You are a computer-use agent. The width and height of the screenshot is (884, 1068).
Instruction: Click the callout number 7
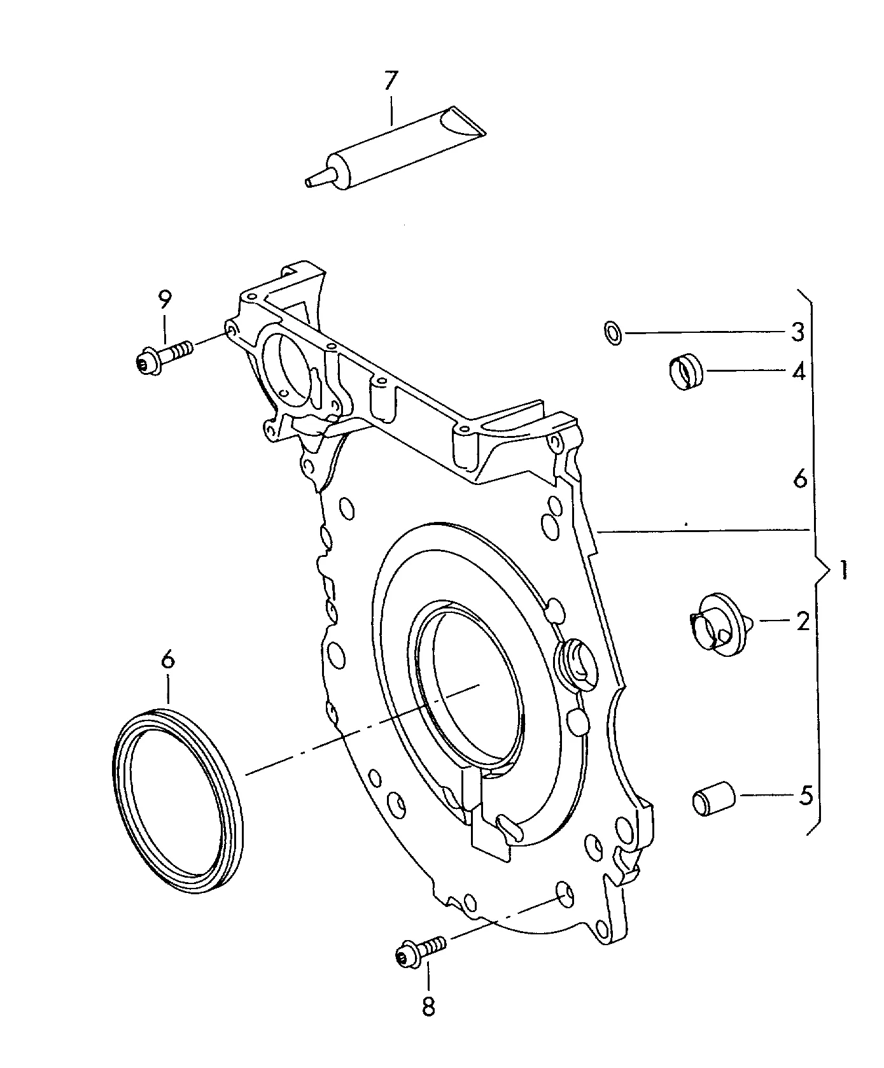click(x=390, y=81)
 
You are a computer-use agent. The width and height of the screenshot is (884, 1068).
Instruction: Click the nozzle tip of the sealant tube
click(x=311, y=183)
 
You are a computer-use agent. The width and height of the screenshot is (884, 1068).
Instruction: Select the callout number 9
click(x=165, y=299)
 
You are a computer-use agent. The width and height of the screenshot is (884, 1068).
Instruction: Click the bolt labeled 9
click(x=164, y=355)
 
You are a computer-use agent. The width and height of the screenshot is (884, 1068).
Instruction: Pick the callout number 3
click(x=797, y=332)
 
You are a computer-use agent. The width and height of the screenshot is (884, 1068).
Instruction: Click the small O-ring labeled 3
click(x=612, y=332)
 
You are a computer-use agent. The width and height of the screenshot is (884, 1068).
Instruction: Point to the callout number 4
click(x=798, y=371)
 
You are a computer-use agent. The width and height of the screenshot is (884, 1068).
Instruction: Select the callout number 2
click(x=803, y=621)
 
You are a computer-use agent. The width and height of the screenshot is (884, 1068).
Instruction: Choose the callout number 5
click(x=805, y=795)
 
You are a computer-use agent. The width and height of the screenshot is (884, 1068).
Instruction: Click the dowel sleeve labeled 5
click(x=713, y=799)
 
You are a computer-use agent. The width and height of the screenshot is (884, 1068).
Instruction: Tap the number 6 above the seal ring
click(x=167, y=660)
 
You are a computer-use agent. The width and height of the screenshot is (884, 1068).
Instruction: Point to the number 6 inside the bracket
click(x=800, y=478)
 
